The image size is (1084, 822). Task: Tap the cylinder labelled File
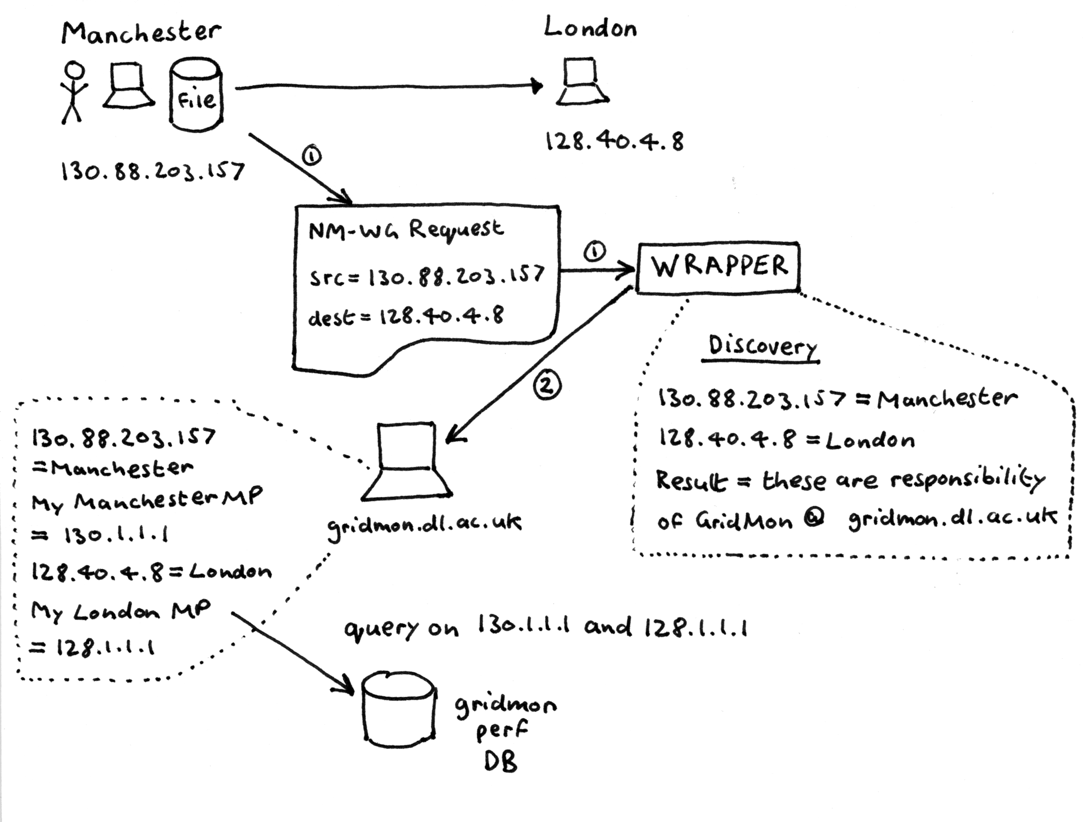pos(196,95)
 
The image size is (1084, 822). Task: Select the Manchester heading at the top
pos(141,32)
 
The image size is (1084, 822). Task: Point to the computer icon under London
pos(582,81)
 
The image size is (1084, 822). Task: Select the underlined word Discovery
pos(761,346)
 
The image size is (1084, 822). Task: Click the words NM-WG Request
pos(406,230)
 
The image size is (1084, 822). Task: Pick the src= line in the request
pos(426,276)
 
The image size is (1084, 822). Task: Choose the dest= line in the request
pos(406,316)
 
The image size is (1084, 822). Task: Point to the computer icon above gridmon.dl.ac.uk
pos(406,462)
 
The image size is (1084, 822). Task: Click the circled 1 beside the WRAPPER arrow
pos(594,252)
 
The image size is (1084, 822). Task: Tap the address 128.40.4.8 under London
pos(614,142)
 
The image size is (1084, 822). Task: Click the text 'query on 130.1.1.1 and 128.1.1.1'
pos(546,628)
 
